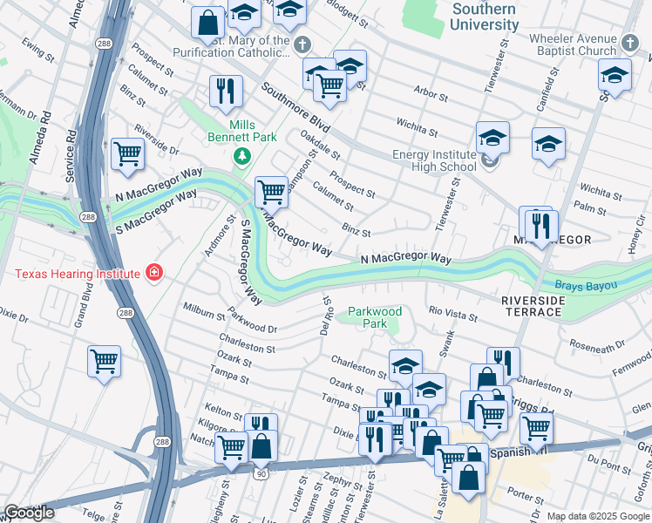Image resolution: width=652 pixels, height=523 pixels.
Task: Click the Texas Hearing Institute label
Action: [77, 274]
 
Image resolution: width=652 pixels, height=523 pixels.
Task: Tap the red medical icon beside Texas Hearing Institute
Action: [154, 274]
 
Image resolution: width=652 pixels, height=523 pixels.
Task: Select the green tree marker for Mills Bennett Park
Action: [242, 156]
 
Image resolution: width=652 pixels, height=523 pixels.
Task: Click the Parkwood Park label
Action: [374, 317]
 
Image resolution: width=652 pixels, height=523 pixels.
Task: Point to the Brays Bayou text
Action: [587, 285]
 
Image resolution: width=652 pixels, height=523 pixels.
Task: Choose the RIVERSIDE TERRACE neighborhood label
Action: [532, 305]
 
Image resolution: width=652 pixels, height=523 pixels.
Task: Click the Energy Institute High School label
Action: [434, 160]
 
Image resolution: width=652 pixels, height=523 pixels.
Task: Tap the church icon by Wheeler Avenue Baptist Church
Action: [630, 42]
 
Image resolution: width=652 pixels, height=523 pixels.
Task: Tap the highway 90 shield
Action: [261, 472]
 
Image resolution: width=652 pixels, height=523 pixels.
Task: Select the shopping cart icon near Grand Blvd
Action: [104, 360]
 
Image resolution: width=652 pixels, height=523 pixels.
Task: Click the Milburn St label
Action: [205, 311]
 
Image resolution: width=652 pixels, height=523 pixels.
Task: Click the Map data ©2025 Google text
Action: [598, 516]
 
